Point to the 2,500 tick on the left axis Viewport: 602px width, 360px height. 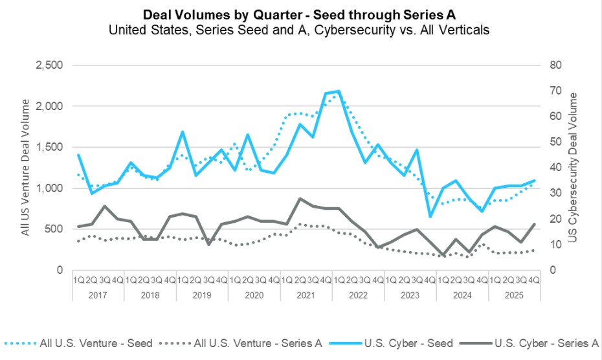click(49, 65)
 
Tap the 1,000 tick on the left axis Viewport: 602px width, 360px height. click(49, 188)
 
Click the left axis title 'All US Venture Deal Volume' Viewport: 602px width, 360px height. click(26, 167)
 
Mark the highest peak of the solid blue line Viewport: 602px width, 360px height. click(339, 91)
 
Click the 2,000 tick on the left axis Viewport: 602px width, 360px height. click(49, 106)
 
